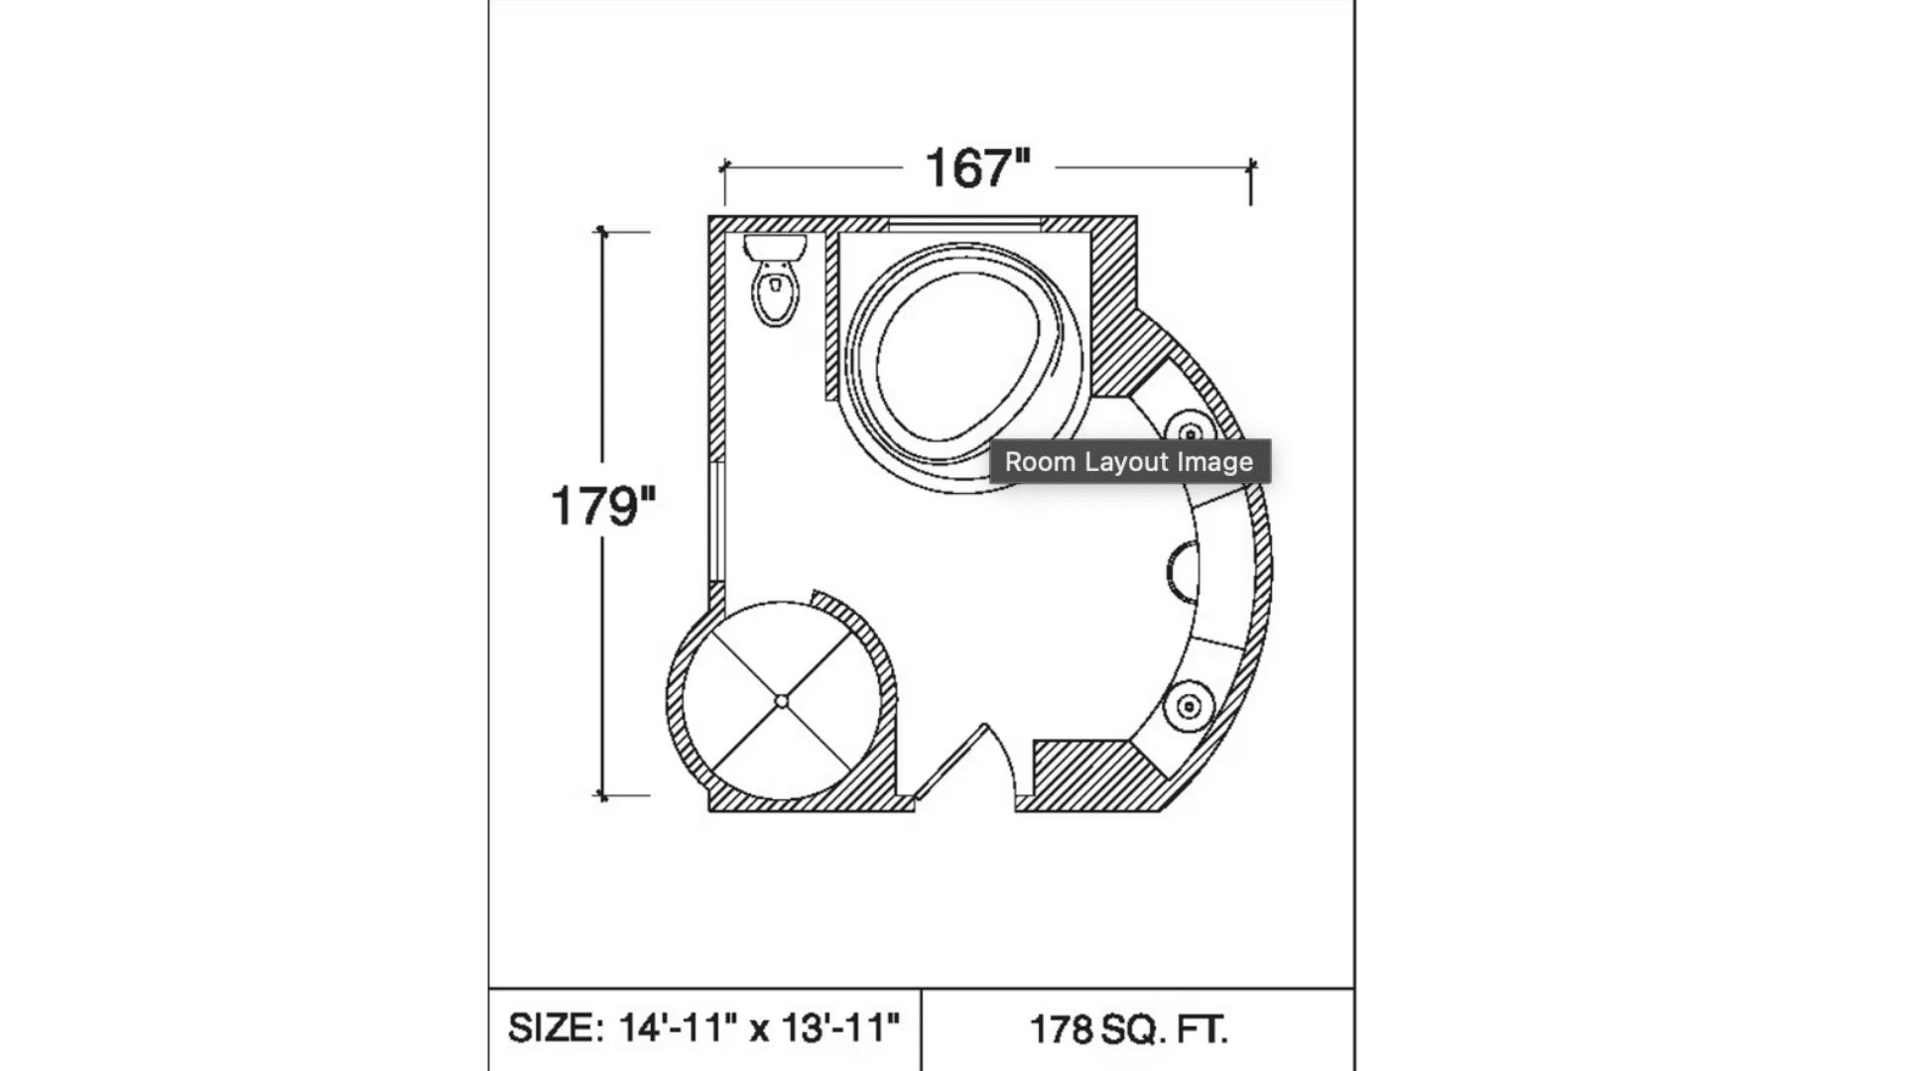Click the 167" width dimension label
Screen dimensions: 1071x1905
(x=977, y=168)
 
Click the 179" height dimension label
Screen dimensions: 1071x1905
(x=602, y=506)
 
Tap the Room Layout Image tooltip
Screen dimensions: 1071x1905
(x=1129, y=462)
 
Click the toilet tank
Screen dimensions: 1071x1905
(x=775, y=247)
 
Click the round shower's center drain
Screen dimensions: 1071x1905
(x=782, y=702)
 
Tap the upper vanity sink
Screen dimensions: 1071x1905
(x=1190, y=434)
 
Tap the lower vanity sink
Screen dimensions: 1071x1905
(x=1189, y=707)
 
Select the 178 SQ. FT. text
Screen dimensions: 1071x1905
(x=1129, y=1030)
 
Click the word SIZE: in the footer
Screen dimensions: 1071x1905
(x=555, y=1028)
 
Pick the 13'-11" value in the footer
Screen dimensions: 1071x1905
(x=841, y=1028)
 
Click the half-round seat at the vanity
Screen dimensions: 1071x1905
(x=1183, y=573)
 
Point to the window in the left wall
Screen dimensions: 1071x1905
(x=715, y=520)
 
